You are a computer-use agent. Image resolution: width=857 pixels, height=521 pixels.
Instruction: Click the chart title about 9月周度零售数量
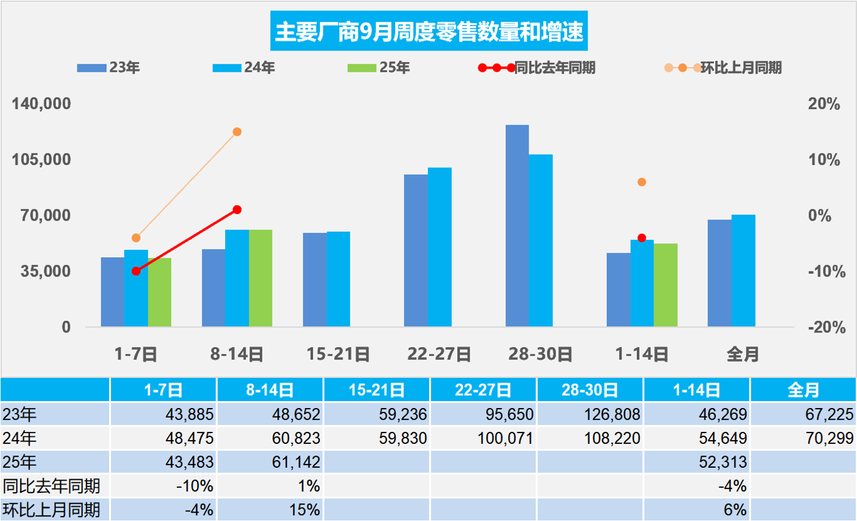click(x=429, y=31)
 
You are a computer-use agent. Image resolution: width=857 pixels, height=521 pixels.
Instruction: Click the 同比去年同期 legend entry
click(x=554, y=68)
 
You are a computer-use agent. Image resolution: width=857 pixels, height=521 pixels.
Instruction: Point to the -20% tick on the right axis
click(x=824, y=327)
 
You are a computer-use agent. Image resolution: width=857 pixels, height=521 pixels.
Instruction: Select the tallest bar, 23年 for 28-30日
click(x=517, y=226)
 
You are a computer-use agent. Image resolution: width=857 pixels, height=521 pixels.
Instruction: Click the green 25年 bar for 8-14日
click(x=260, y=278)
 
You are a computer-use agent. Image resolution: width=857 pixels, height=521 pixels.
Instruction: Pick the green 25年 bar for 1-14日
click(x=666, y=286)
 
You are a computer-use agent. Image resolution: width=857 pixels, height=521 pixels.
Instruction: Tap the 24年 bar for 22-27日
click(x=439, y=248)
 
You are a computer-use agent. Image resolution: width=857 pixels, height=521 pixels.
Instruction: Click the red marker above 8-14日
click(x=237, y=210)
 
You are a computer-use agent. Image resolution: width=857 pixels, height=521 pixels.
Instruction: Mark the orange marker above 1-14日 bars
click(x=641, y=182)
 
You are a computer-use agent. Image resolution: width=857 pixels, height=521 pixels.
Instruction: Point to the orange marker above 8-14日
click(x=237, y=132)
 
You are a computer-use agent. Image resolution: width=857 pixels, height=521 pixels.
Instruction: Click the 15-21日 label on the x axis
click(x=338, y=354)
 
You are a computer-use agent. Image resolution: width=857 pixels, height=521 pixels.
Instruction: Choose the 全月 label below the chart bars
click(x=743, y=354)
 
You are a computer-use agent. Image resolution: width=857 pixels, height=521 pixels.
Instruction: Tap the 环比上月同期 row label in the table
click(x=51, y=510)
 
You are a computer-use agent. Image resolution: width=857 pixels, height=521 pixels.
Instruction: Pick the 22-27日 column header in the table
click(x=483, y=390)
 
